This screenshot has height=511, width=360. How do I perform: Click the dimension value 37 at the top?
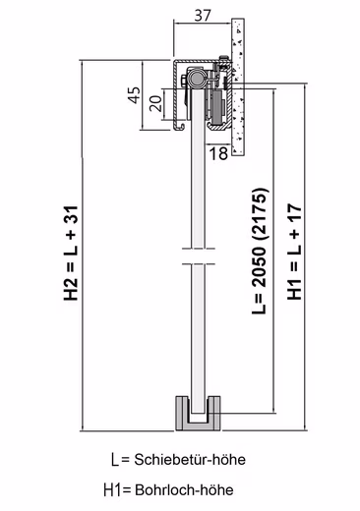click(203, 15)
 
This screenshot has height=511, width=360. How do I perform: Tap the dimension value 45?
click(134, 95)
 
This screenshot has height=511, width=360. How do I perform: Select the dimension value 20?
click(156, 103)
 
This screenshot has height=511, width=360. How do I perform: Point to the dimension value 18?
click(218, 153)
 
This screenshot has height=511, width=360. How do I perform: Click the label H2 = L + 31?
click(71, 254)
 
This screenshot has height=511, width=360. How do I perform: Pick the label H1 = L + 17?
click(294, 252)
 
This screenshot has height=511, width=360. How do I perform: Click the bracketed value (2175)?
click(261, 214)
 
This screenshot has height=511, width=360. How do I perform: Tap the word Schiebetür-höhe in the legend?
click(190, 460)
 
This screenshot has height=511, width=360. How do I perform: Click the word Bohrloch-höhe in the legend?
click(184, 490)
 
